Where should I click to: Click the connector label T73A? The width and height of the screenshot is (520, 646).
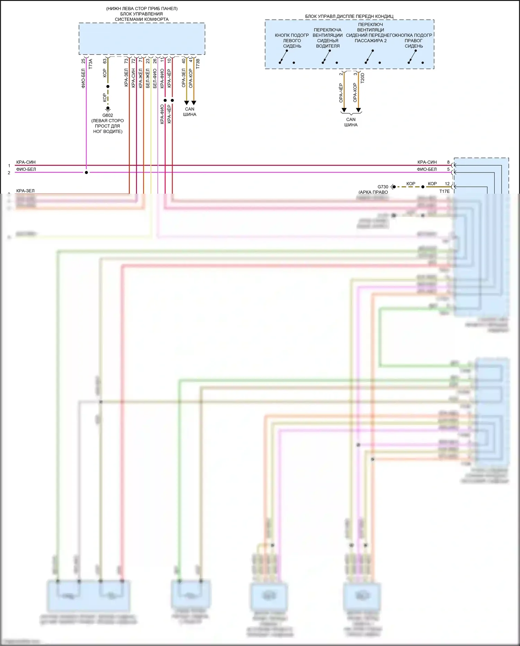pos(90,64)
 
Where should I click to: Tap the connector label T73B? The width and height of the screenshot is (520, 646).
pos(198,64)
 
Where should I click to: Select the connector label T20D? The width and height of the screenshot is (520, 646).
pos(363,77)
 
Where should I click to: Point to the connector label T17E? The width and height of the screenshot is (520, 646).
pos(444,191)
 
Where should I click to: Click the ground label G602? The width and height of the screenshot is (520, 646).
pos(107,115)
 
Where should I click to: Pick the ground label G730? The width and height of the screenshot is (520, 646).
pos(383,187)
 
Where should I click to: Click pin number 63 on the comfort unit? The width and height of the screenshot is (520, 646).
pos(105,61)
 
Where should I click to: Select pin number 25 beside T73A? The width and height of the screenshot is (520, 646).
pos(83,61)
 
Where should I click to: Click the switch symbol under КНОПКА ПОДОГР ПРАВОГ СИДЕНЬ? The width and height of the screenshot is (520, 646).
pos(413,57)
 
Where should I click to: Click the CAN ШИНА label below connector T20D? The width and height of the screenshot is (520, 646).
pos(351,122)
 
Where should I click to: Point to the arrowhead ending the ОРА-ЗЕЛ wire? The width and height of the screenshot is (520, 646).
pos(187,103)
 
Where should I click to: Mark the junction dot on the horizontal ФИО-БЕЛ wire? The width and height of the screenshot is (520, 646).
pos(86,173)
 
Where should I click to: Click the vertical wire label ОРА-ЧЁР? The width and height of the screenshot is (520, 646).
pos(341,93)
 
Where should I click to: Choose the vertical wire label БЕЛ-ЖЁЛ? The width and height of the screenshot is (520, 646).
pos(148,78)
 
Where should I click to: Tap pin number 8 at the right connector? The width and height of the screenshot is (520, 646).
pos(448,162)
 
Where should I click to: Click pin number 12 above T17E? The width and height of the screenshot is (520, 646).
pos(447,184)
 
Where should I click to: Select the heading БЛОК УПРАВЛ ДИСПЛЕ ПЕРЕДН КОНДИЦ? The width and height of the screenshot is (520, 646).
pos(349,16)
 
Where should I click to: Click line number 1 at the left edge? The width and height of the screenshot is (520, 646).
pos(9,166)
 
